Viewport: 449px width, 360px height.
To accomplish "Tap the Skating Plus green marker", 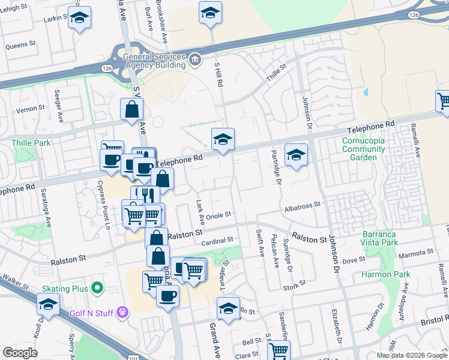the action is pos(95,289).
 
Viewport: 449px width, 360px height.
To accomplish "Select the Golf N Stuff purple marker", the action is pos(123,311).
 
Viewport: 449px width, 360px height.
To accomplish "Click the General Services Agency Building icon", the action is pos(195,60).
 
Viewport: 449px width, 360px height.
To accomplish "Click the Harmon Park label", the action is pos(385,275).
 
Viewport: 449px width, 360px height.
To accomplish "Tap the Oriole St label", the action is pos(218,215).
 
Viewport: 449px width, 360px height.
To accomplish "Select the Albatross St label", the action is pos(303,205).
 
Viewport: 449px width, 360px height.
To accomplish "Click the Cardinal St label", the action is pos(217,241).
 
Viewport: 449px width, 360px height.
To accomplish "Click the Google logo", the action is pos(20,352).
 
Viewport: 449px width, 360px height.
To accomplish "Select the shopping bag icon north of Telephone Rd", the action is pos(131,110).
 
